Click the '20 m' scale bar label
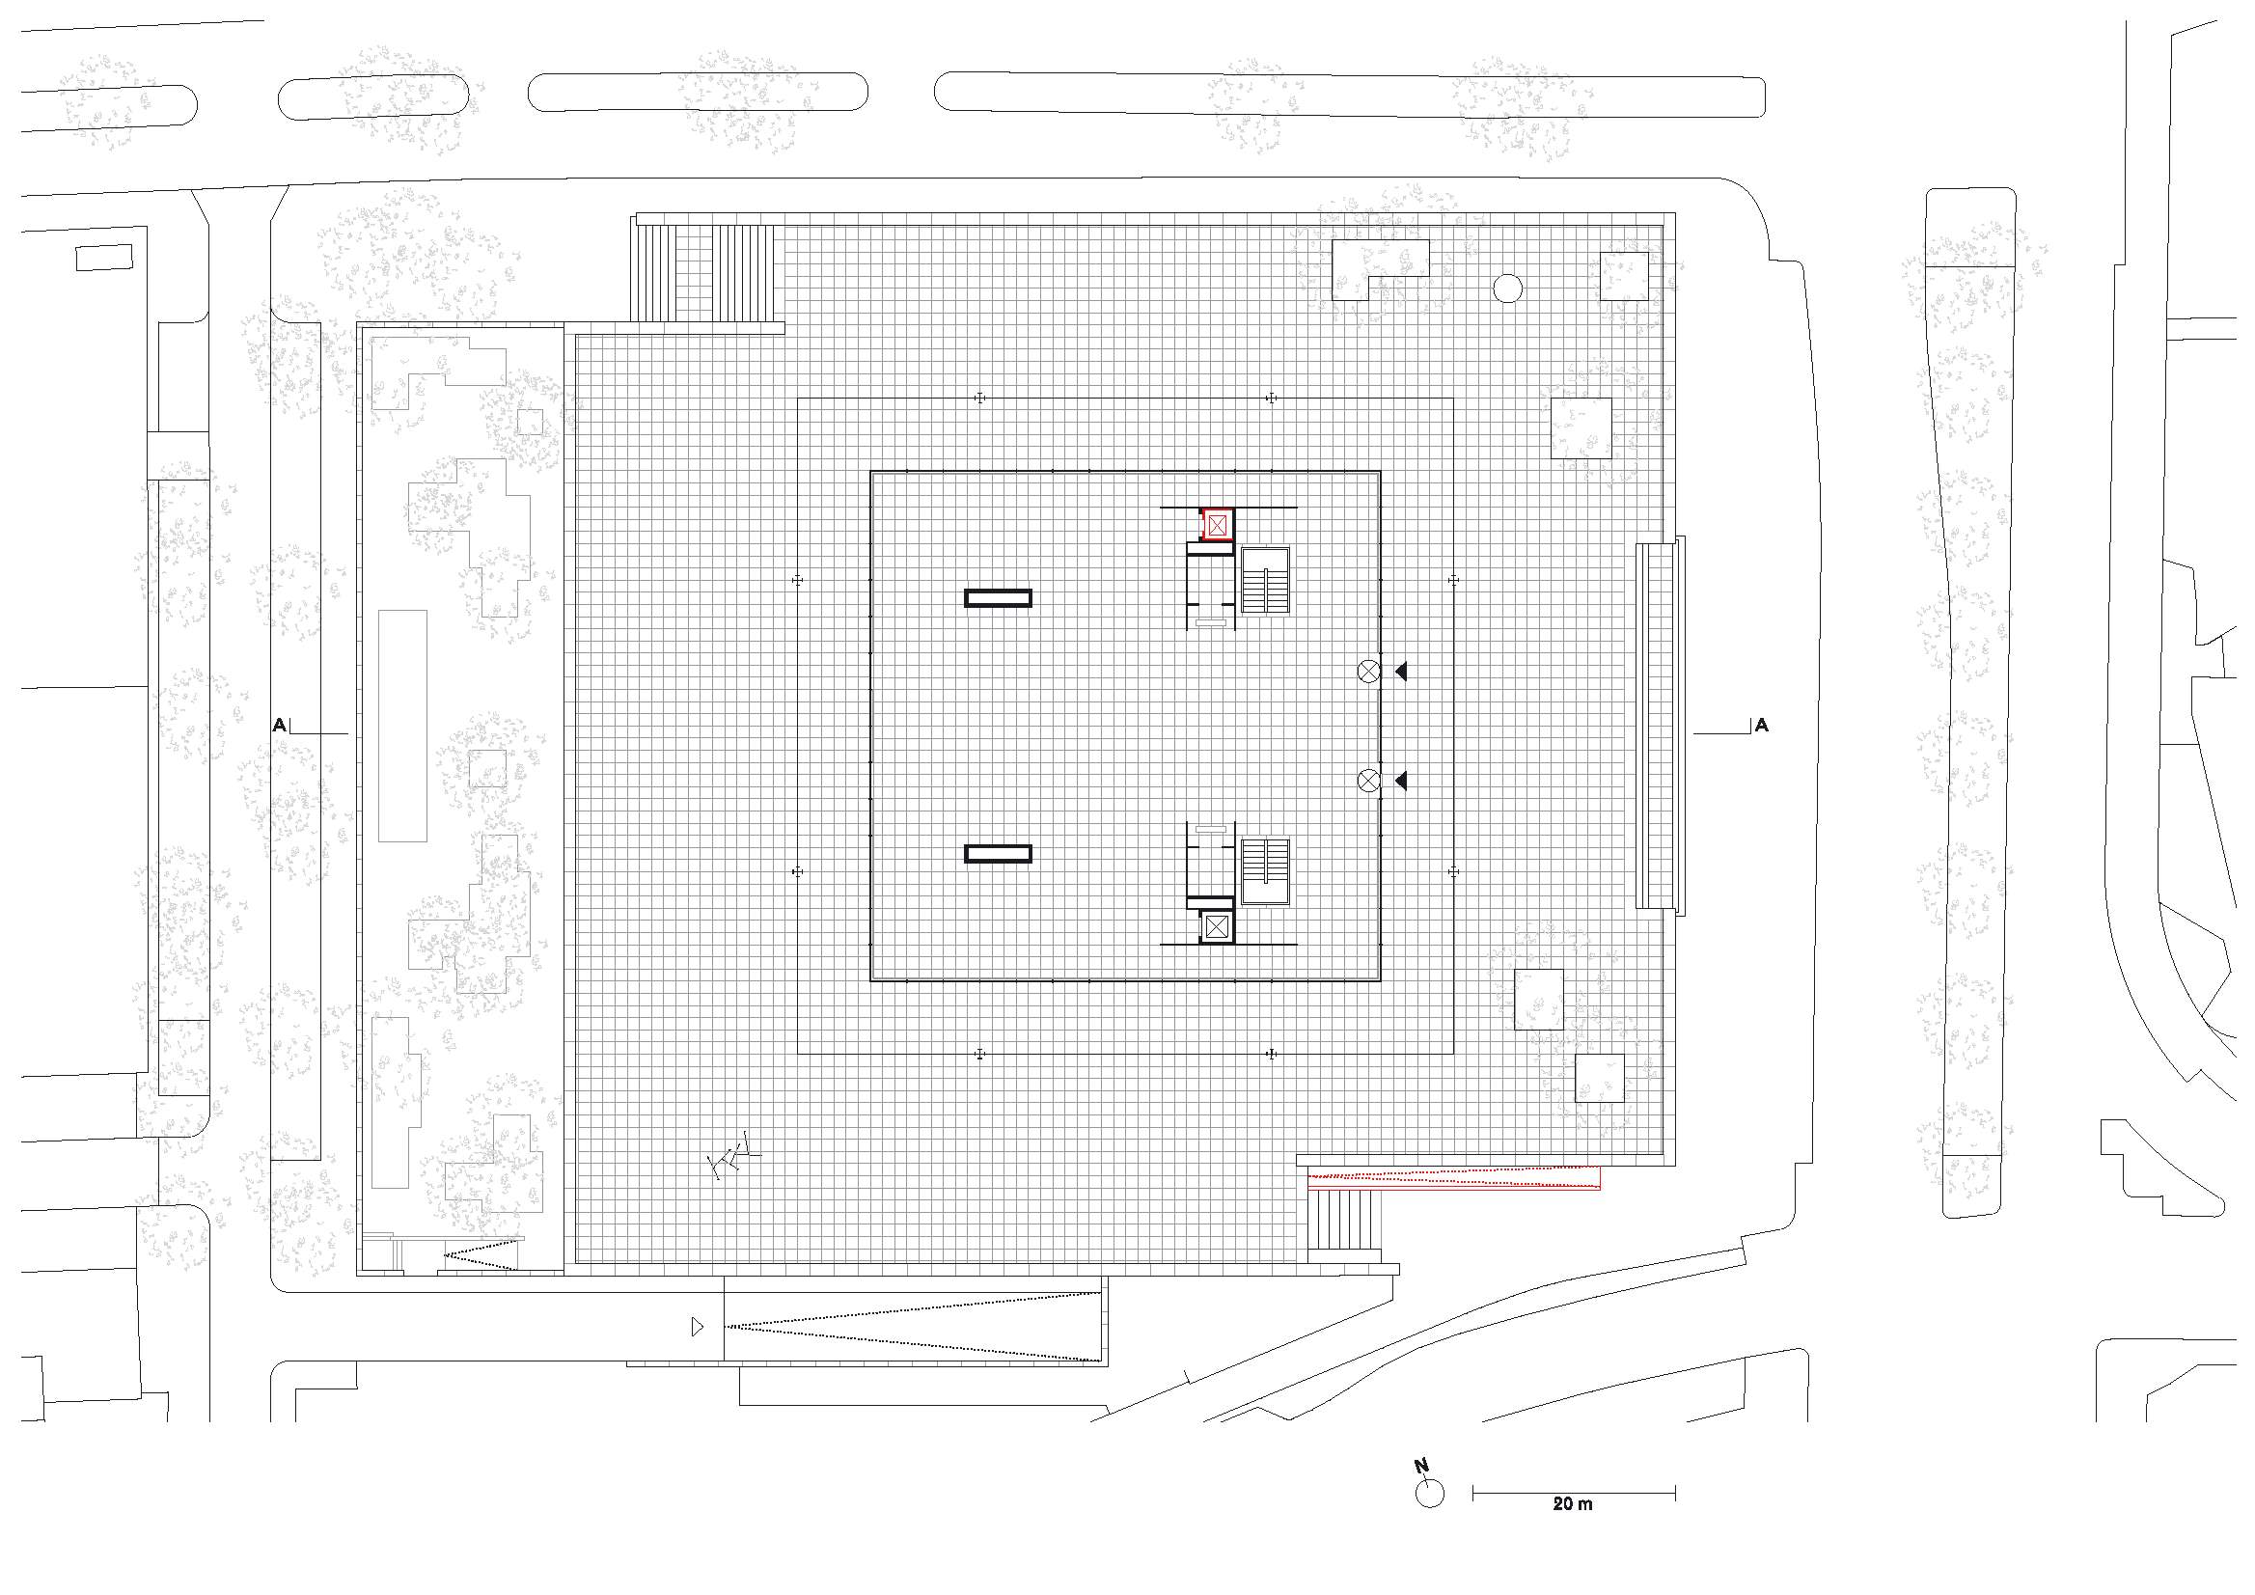point(1573,1503)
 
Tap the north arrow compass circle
point(1430,1494)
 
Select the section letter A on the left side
point(280,725)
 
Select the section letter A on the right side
point(1761,725)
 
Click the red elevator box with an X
point(1217,526)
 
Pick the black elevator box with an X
point(1217,926)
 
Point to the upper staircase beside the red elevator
point(1265,581)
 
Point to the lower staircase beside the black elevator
point(1265,871)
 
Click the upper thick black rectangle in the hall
point(998,598)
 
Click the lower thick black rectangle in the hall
point(998,854)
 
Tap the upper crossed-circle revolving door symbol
point(1368,672)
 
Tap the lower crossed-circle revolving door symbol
point(1368,781)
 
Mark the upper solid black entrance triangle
point(1401,672)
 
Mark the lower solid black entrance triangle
point(1401,781)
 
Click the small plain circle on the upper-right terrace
point(1507,289)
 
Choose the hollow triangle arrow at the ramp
point(698,1327)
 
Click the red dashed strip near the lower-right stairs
point(1453,1177)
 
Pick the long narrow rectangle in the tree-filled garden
point(402,726)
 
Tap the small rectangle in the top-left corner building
point(104,258)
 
